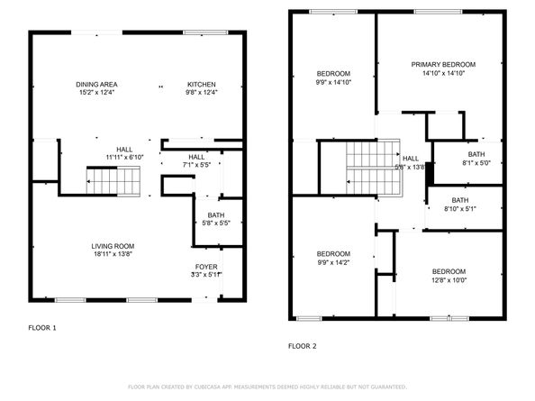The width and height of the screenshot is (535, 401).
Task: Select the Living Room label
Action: click(x=113, y=246)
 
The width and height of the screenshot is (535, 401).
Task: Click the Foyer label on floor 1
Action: click(x=206, y=267)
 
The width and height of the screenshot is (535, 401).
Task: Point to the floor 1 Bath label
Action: click(x=215, y=214)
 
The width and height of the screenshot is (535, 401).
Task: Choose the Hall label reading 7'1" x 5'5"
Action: click(x=196, y=157)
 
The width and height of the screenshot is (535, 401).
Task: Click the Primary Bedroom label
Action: click(x=443, y=65)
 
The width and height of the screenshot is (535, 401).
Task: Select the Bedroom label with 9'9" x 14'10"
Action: click(x=333, y=73)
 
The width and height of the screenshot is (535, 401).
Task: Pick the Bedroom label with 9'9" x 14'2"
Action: click(x=333, y=254)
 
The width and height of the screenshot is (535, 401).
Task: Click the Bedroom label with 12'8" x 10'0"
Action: click(x=449, y=271)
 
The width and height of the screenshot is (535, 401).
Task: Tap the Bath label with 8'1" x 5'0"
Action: click(x=464, y=154)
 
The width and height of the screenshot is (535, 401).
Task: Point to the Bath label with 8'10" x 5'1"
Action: click(x=460, y=200)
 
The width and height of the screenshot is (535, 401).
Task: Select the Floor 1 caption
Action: click(x=41, y=328)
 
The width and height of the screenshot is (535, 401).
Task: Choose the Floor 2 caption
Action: click(x=303, y=345)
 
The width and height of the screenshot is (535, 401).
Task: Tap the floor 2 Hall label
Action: click(x=411, y=159)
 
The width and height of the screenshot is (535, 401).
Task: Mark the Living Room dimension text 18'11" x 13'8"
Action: click(x=113, y=255)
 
